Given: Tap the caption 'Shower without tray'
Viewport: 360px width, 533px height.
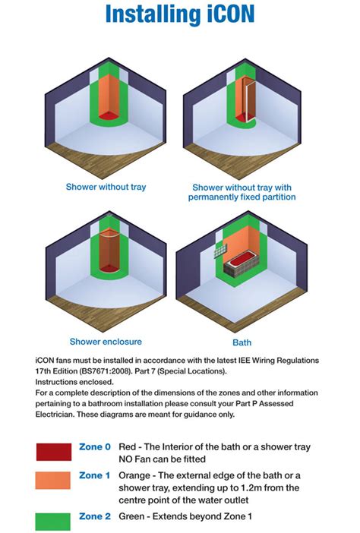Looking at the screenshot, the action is (106, 187).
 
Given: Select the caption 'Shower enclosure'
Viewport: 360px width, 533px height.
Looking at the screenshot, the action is (106, 342).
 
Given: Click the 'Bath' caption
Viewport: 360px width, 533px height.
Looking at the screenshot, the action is (242, 342).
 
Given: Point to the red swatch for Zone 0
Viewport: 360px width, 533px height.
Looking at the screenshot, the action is (54, 452).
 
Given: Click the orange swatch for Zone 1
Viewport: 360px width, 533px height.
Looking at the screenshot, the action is (52, 480).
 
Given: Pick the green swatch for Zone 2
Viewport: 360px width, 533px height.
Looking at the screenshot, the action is (52, 522).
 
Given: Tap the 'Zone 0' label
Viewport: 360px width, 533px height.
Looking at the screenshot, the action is (95, 446).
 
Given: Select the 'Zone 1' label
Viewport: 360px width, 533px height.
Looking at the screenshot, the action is (94, 475).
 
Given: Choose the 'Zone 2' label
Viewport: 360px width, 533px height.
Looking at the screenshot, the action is (95, 517).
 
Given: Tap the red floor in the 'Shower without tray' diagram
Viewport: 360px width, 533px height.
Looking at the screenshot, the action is (109, 115).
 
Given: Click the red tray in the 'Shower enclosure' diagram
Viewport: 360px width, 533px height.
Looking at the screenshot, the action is (109, 268).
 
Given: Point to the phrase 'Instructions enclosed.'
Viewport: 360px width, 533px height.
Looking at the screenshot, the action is (74, 382).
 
